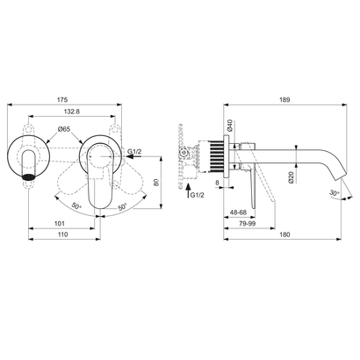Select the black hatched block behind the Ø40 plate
coord(214,156)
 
